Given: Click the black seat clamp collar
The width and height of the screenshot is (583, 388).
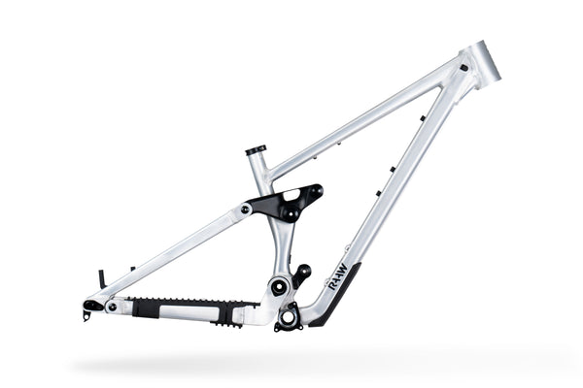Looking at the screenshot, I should (256, 150).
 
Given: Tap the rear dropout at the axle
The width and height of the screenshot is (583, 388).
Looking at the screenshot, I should (91, 307).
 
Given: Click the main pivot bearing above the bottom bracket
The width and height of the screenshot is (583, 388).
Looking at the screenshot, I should (280, 286).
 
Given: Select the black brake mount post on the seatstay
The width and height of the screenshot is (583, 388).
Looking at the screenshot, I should (101, 278).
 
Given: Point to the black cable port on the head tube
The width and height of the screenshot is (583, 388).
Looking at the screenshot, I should (463, 68).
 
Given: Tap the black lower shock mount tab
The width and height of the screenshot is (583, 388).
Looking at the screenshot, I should (302, 275).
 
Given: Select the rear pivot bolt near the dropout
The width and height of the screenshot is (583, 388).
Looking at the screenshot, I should (112, 307).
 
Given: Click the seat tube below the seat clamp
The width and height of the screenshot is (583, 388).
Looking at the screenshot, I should (260, 175).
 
